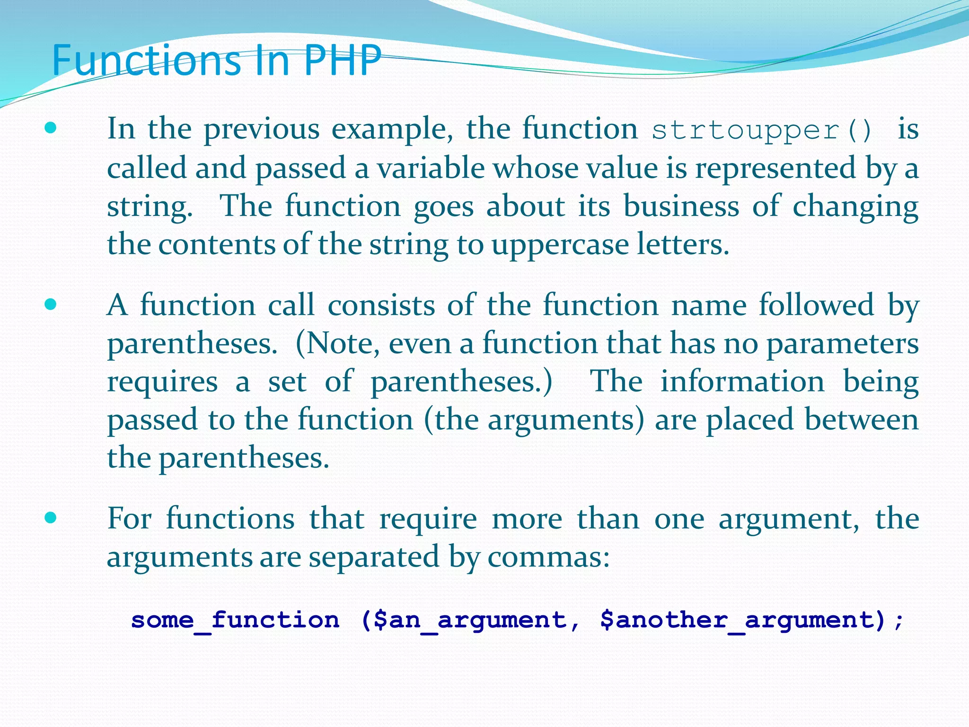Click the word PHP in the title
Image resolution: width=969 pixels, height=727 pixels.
tap(342, 60)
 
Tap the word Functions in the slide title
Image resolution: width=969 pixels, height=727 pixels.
tap(146, 60)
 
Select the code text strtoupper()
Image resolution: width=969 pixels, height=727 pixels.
tap(762, 130)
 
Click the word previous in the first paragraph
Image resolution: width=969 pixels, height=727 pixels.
tap(262, 129)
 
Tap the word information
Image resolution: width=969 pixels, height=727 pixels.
tap(742, 381)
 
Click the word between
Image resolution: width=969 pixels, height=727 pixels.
tap(862, 420)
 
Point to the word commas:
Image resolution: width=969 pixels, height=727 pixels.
tap(548, 557)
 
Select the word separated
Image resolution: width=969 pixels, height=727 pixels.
tap(373, 557)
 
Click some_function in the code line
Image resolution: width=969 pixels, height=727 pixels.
tap(235, 620)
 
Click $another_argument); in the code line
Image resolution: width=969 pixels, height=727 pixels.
tap(752, 620)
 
